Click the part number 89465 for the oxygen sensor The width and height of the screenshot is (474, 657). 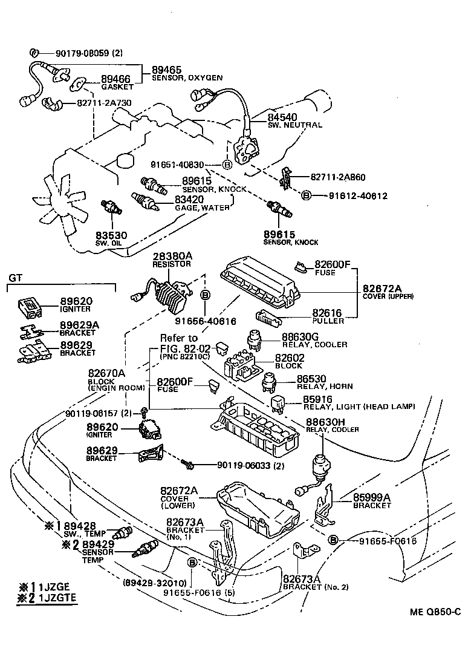coord(167,70)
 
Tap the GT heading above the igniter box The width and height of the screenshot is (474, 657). coord(15,278)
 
